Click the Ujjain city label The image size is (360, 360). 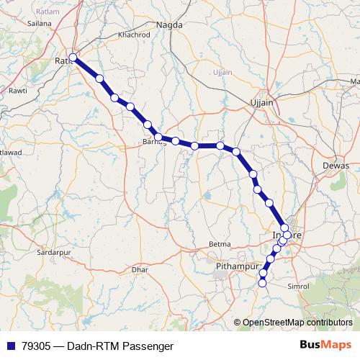pos(261,103)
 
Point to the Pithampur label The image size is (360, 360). pos(236,266)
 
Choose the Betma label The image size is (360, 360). pos(220,244)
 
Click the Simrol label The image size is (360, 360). pos(297,286)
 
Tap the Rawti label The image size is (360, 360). pos(17,91)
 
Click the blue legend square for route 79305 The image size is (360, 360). pos(9,346)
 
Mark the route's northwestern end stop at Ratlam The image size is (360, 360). pos(72,57)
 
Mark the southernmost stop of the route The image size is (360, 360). pos(262,284)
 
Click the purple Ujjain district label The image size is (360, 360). pos(223,73)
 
